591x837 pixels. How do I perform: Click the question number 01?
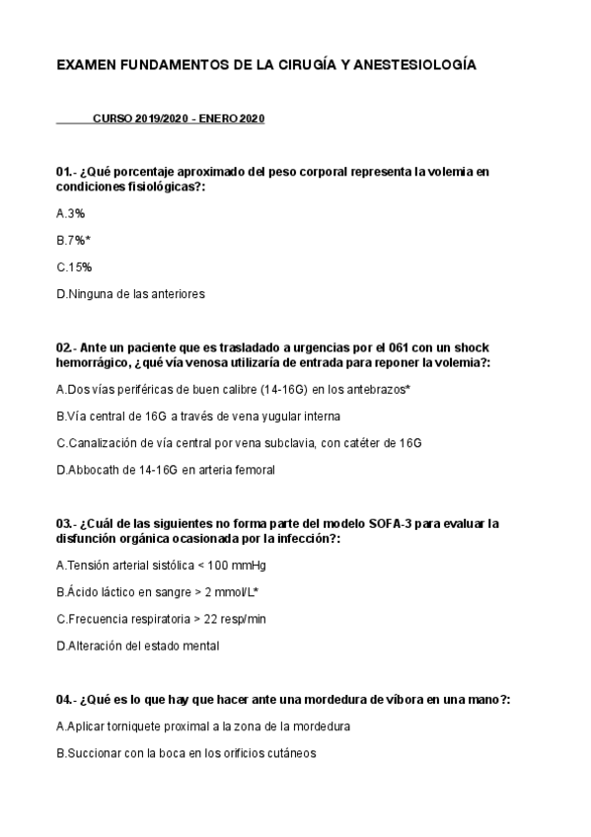point(64,172)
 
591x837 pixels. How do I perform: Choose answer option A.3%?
point(71,212)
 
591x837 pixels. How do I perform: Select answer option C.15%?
point(74,266)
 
